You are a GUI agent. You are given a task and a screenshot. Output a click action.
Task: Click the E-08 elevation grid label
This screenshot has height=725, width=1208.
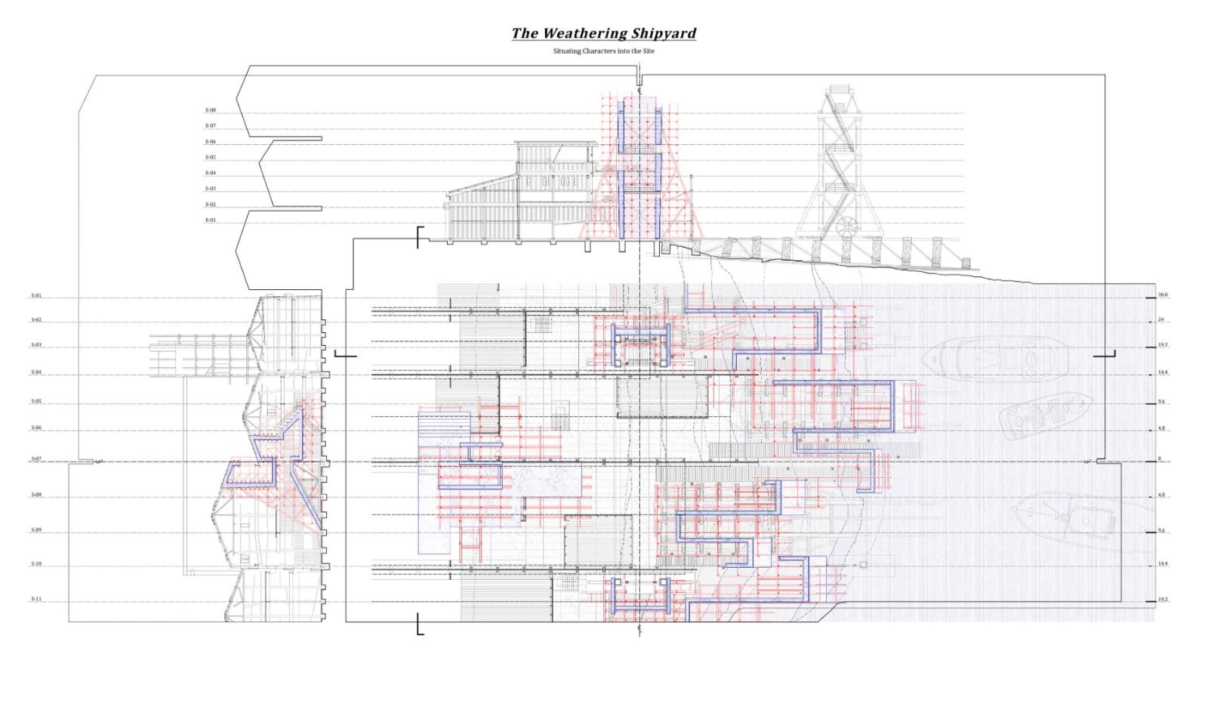pyautogui.click(x=211, y=110)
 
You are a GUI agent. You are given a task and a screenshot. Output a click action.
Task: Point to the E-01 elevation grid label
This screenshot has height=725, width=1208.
pyautogui.click(x=211, y=221)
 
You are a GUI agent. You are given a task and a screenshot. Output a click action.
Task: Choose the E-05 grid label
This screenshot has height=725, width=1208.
pyautogui.click(x=211, y=157)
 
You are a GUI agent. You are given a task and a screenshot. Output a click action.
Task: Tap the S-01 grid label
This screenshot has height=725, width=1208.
pyautogui.click(x=36, y=296)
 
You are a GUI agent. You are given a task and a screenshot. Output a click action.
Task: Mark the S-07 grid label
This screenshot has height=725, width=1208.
pyautogui.click(x=36, y=459)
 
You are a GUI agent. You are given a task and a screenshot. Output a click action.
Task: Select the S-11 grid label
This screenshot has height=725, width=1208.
pyautogui.click(x=36, y=599)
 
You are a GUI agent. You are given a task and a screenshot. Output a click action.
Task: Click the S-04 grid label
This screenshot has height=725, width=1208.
pyautogui.click(x=36, y=372)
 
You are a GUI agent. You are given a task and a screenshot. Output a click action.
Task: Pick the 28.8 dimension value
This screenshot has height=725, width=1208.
pyautogui.click(x=1163, y=295)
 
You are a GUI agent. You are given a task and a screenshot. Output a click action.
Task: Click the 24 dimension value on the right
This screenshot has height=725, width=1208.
pyautogui.click(x=1161, y=319)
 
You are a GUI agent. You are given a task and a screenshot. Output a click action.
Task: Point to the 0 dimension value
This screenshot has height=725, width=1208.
pyautogui.click(x=1160, y=459)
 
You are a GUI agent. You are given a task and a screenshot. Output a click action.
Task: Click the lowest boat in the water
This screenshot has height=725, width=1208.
pyautogui.click(x=1065, y=521)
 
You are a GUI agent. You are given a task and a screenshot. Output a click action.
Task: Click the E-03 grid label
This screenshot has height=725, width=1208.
pyautogui.click(x=211, y=189)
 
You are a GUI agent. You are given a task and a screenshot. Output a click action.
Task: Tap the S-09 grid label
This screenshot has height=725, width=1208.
pyautogui.click(x=36, y=530)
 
